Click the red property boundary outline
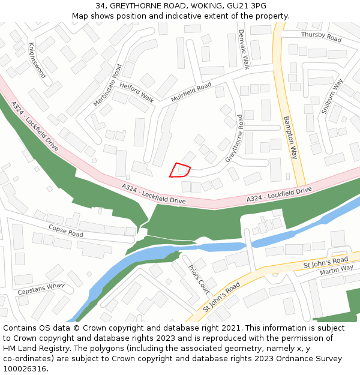tap(179, 170)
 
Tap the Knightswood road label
tap(37, 61)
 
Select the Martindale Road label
tap(107, 85)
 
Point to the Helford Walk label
tap(136, 91)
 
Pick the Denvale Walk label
tap(244, 49)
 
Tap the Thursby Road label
tap(321, 37)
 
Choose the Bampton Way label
tap(290, 137)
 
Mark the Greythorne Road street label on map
tap(234, 139)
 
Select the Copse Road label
tap(65, 230)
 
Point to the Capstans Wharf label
tap(41, 289)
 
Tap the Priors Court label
tap(200, 279)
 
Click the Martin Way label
tap(337, 270)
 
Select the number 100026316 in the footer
tap(23, 369)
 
